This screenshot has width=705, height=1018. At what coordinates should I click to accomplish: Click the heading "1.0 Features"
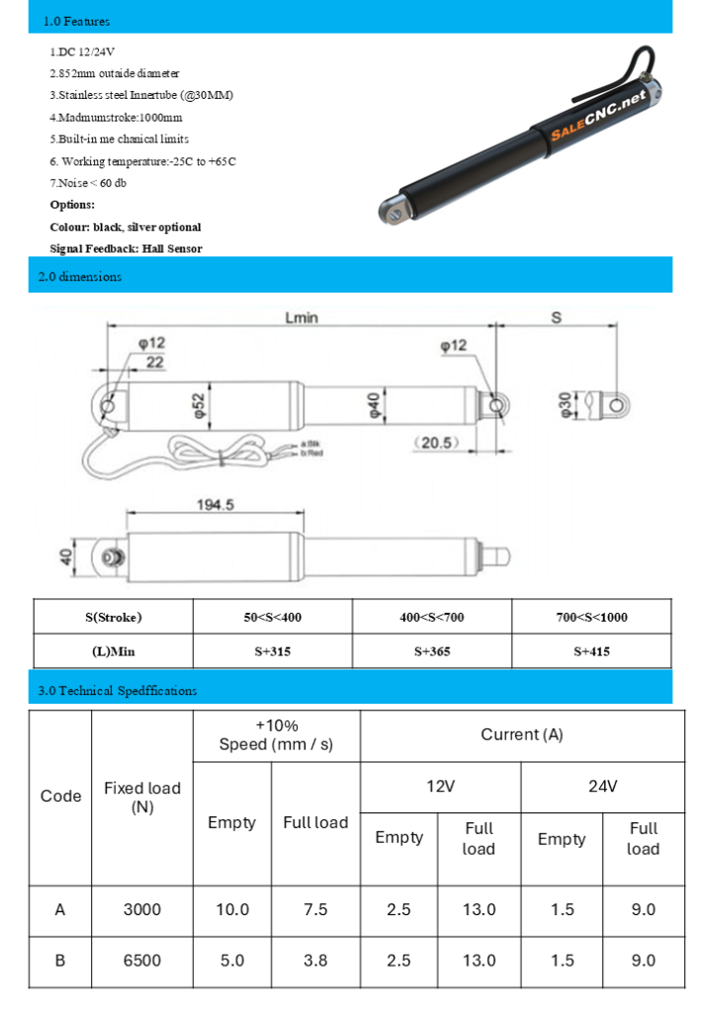click(76, 21)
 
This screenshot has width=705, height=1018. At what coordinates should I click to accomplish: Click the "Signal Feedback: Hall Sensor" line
click(126, 249)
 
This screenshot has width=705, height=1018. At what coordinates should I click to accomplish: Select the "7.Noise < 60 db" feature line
click(88, 183)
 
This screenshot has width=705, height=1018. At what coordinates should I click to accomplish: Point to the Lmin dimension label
click(301, 318)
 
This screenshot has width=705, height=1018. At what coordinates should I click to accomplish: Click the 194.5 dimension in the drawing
click(216, 504)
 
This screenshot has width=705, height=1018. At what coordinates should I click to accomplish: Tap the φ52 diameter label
click(198, 405)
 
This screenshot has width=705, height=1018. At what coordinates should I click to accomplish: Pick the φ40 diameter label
click(375, 405)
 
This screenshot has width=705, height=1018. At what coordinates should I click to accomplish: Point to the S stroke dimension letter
click(556, 318)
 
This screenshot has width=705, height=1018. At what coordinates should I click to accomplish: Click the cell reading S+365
click(432, 651)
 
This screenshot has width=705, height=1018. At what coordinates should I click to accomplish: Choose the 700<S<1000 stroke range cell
click(591, 617)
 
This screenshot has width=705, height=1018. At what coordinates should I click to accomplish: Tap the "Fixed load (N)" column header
click(142, 797)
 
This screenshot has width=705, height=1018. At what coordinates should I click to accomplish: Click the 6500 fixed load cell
click(142, 960)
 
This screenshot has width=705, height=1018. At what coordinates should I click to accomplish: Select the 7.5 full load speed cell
click(315, 909)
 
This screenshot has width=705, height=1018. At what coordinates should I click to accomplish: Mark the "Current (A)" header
click(522, 735)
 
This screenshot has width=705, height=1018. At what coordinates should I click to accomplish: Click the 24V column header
click(602, 787)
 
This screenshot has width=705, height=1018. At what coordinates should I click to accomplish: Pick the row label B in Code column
click(60, 960)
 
